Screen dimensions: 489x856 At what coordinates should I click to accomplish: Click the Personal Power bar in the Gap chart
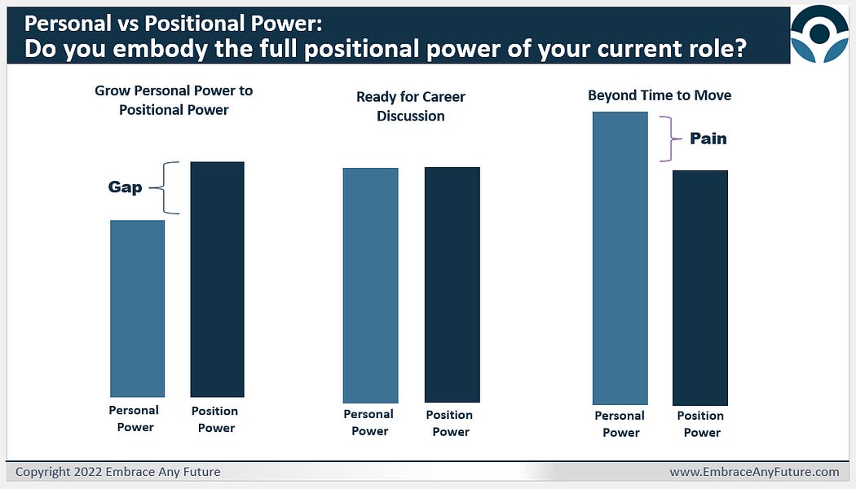coord(137,308)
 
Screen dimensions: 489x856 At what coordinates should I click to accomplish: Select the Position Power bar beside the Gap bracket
coord(217,279)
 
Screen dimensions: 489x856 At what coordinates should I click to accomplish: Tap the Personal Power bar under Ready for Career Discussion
coord(370,284)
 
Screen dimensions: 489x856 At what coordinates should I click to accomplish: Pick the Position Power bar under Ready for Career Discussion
coord(452,284)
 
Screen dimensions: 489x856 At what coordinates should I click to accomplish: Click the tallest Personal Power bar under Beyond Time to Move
coord(620,258)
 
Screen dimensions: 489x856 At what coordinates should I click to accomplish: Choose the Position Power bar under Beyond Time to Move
coord(699,288)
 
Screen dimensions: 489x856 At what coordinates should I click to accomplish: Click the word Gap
coord(126,187)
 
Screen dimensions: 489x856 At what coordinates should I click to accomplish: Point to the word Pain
coord(708,139)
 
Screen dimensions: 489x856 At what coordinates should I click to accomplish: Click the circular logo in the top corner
coord(819,33)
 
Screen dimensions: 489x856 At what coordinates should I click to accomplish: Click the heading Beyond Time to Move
coord(660,95)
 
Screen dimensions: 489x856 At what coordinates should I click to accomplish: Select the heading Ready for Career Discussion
coord(411,106)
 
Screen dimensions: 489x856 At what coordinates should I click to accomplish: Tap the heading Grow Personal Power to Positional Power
coord(174,99)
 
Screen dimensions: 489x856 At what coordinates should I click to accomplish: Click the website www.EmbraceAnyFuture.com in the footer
coord(754,472)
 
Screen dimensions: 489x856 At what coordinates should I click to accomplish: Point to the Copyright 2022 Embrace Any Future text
coord(118,472)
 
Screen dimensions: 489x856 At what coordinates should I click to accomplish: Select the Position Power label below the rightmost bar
coord(700,424)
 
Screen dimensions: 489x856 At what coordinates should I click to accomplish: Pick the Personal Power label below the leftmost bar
coord(134,419)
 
